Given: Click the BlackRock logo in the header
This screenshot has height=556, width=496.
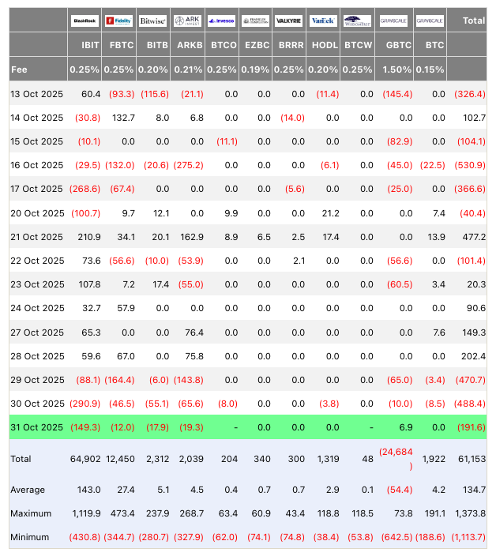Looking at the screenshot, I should click(85, 21).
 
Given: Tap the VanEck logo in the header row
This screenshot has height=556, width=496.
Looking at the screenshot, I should click(323, 21).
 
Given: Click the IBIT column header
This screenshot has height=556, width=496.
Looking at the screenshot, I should click(89, 46).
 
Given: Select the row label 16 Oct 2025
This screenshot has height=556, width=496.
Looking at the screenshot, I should click(36, 165).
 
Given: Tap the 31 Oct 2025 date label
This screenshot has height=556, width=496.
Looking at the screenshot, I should click(36, 427).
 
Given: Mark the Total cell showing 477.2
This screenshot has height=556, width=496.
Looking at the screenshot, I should click(473, 237).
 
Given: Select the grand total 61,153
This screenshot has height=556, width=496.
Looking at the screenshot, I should click(471, 459).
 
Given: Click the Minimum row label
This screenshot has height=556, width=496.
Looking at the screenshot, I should click(30, 537).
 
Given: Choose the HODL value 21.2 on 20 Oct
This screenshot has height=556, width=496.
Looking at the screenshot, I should click(328, 213).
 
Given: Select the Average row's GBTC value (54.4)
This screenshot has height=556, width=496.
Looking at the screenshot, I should click(396, 490).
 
